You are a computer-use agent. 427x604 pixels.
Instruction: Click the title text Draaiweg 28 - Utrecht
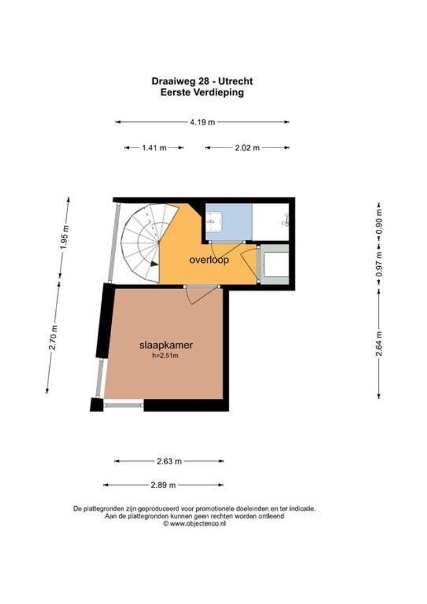(202, 82)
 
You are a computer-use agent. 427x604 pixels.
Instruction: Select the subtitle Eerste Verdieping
(202, 92)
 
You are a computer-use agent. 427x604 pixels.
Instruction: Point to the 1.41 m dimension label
(154, 148)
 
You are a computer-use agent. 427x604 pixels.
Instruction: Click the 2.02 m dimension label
(248, 148)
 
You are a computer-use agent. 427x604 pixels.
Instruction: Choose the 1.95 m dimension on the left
(64, 237)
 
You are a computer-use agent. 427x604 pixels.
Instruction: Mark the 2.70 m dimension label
(53, 337)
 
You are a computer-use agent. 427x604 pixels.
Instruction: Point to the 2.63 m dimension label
(169, 461)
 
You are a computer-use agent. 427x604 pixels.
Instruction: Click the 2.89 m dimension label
(163, 485)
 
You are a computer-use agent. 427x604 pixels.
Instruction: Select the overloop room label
(209, 260)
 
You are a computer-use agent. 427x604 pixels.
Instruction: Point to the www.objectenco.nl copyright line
(194, 524)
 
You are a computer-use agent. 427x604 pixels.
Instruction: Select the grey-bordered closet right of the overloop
(274, 264)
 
